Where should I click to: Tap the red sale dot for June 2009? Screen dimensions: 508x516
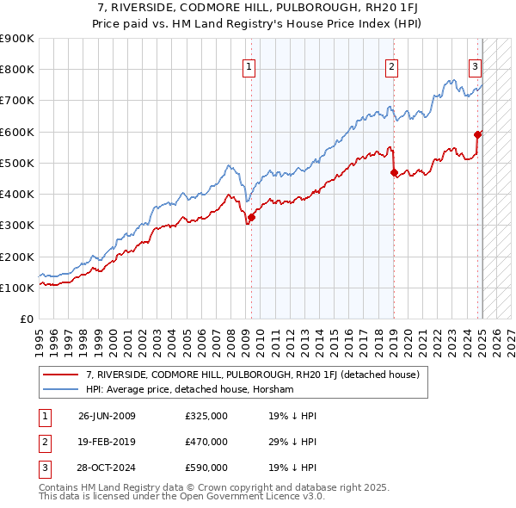[x=251, y=217]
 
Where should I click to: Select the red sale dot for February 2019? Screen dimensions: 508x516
[x=394, y=172]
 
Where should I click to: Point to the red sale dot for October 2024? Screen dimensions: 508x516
[x=477, y=134]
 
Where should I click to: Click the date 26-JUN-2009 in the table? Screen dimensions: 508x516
[x=107, y=416]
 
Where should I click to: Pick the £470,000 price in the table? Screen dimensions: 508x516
[x=206, y=442]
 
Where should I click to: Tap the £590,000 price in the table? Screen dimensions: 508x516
[x=206, y=468]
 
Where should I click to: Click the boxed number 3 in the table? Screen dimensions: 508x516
[x=43, y=468]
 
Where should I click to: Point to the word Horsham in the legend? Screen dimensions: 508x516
[x=274, y=389]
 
